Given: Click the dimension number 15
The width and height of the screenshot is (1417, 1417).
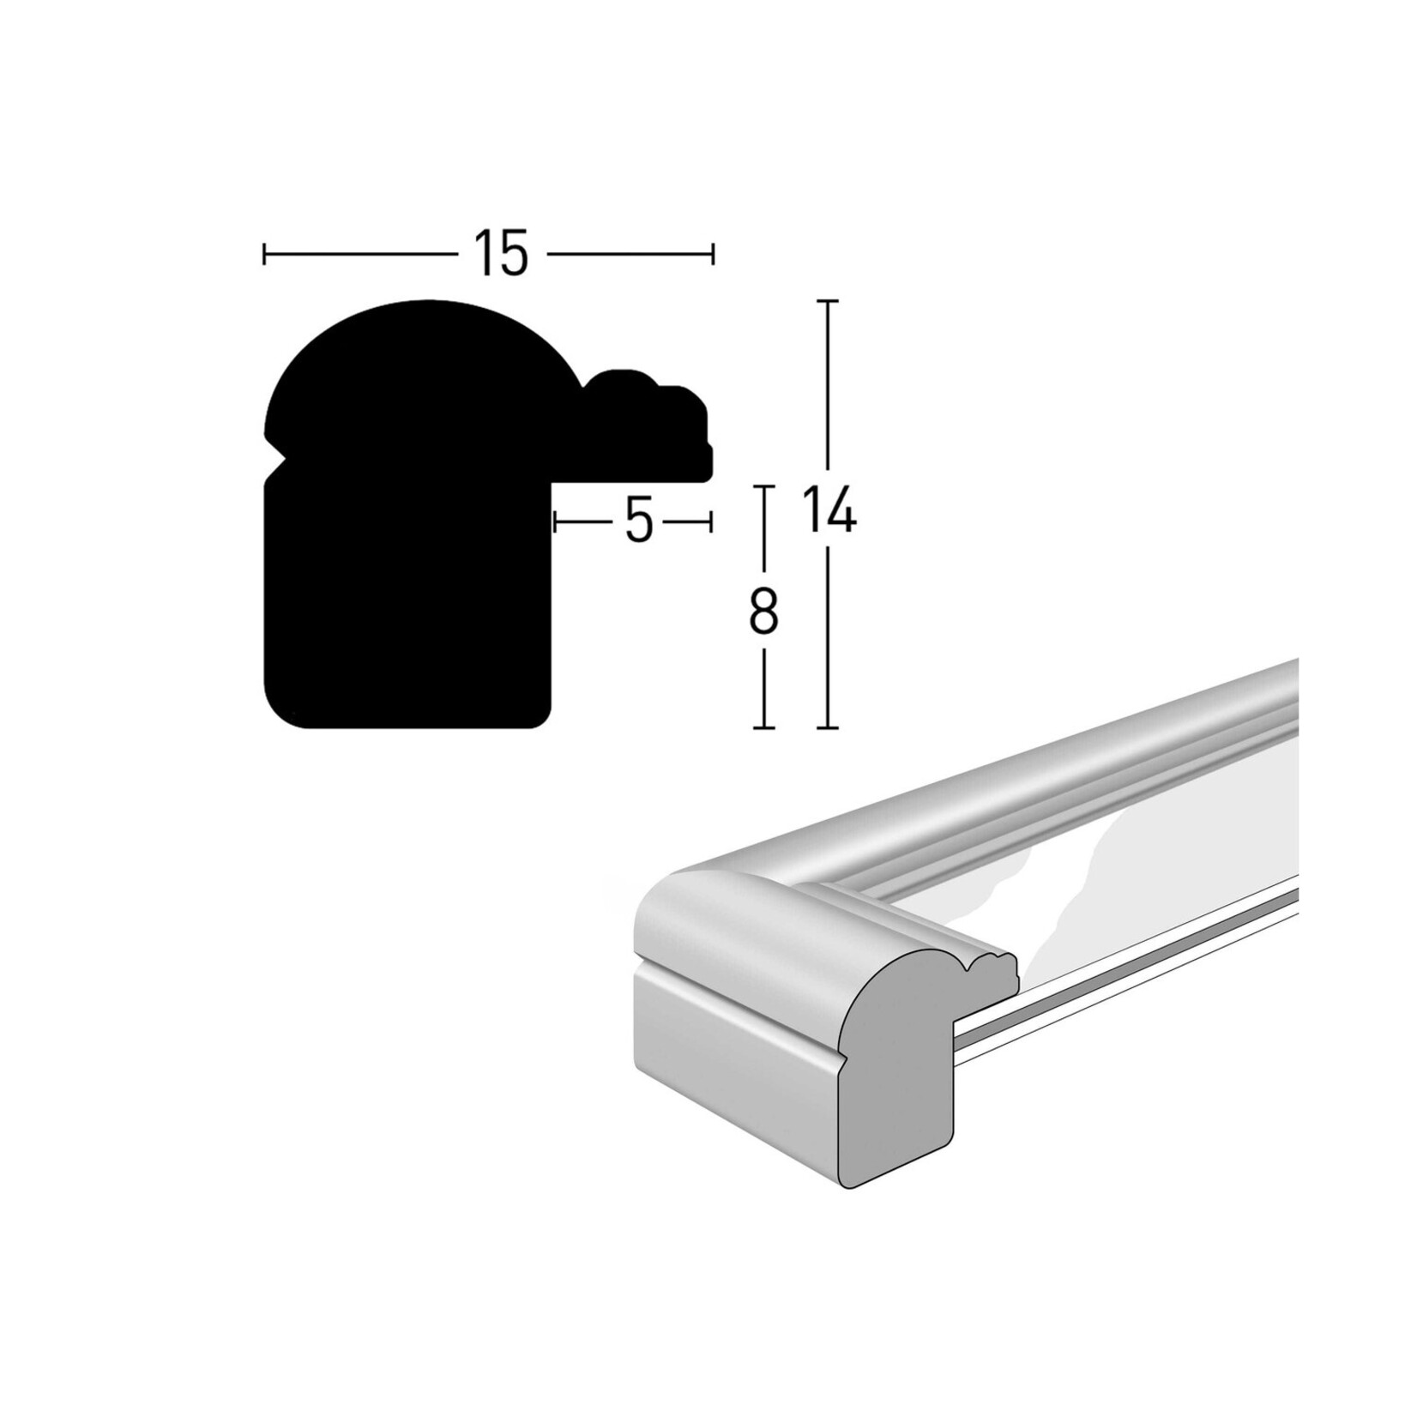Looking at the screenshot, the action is [x=501, y=255].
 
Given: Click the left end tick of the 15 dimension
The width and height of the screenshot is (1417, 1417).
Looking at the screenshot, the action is [x=265, y=254].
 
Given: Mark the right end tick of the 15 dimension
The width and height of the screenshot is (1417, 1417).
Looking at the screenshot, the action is [x=712, y=254].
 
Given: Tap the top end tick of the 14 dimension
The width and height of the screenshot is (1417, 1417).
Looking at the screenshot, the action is [x=827, y=302].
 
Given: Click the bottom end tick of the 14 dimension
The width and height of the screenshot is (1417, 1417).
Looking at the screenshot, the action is [x=827, y=727].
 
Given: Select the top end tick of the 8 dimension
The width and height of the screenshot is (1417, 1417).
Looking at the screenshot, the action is [x=763, y=486].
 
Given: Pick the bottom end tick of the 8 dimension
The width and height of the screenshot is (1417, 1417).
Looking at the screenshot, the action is [x=763, y=727].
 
